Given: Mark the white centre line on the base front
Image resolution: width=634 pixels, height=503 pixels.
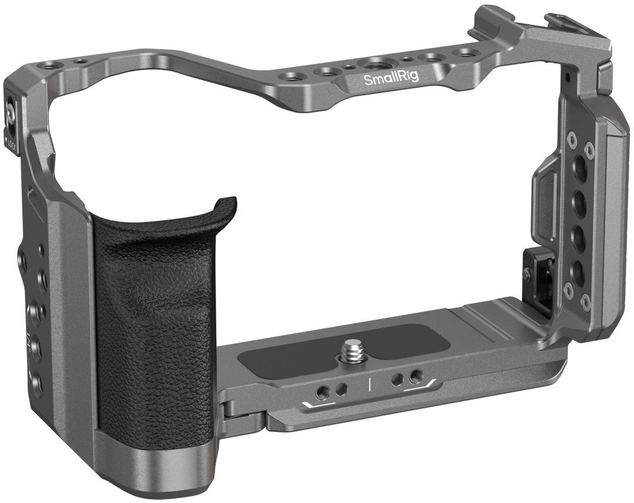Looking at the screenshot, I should coord(370,383).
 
